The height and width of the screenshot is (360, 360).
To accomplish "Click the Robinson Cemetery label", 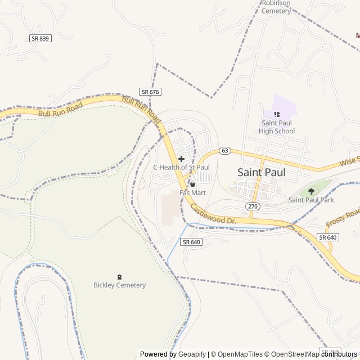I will (x=276, y=7).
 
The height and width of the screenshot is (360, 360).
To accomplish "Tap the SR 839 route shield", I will (x=40, y=38).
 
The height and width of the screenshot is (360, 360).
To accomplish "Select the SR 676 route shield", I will (x=150, y=92).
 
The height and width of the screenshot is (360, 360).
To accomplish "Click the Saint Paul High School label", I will (x=277, y=127).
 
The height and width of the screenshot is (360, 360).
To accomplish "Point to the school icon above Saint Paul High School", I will (x=277, y=114).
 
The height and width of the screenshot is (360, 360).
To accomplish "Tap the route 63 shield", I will (x=225, y=150).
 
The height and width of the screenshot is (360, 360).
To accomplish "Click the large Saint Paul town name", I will (x=261, y=172).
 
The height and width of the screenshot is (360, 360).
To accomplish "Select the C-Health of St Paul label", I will (x=181, y=167).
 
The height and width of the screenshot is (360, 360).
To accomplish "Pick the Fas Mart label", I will (x=192, y=192).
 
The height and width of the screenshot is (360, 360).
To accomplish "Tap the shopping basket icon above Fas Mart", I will (x=192, y=184).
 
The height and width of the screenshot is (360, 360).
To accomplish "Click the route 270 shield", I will (x=253, y=206).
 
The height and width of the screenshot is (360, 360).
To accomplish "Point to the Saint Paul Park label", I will (x=311, y=200).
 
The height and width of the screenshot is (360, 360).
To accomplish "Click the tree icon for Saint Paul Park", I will (x=311, y=191).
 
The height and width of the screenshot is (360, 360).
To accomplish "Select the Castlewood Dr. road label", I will (x=212, y=214).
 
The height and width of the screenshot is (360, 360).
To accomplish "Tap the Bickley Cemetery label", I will (x=119, y=285).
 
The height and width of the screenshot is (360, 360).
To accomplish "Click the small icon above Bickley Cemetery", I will (x=119, y=276).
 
